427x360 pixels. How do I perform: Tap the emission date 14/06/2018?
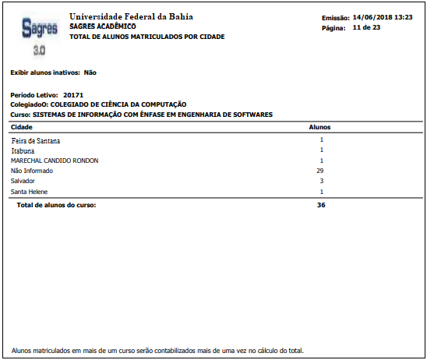pos(372,17)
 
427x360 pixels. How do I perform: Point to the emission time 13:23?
pos(404,17)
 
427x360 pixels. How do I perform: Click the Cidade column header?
pos(21,126)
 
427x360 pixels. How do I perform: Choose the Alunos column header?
pos(320,126)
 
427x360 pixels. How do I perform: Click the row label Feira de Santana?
pos(35,140)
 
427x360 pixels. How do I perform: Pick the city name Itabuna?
pos(24,150)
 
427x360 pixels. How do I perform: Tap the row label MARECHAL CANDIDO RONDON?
pos(54,161)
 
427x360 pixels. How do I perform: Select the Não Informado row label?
pos(32,171)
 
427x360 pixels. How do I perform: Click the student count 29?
pos(320,171)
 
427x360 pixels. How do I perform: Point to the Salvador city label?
pos(23,181)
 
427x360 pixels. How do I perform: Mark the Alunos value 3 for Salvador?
pos(321,181)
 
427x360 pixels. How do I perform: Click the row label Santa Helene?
pos(30,191)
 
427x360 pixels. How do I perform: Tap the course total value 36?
pos(320,205)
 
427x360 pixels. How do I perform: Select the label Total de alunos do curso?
pos(56,205)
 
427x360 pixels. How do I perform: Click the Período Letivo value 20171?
pos(73,94)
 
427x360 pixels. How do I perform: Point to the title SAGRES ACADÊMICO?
pos(103,26)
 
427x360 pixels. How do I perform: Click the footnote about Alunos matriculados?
pos(157,350)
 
